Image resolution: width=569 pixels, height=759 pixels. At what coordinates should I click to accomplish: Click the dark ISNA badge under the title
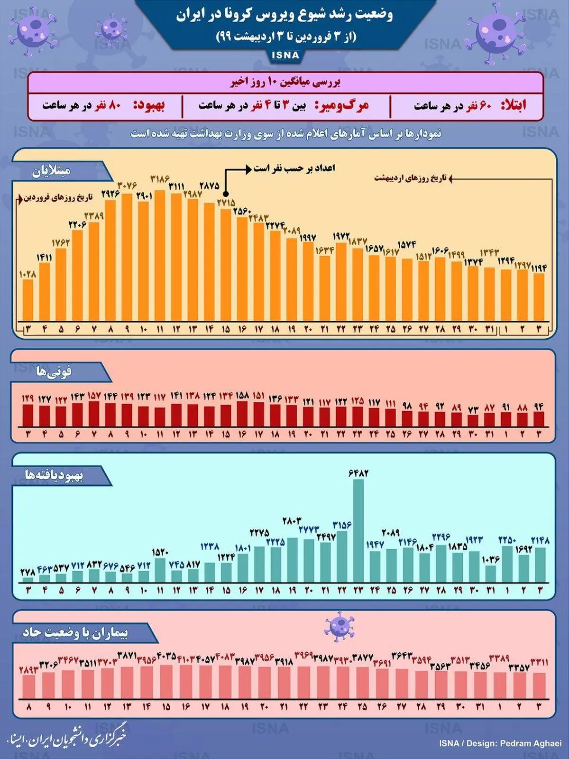pyautogui.click(x=285, y=56)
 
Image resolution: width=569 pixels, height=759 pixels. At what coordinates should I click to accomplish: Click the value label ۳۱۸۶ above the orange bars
pyautogui.click(x=160, y=179)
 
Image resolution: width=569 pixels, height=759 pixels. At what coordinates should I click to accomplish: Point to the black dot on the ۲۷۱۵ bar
pyautogui.click(x=226, y=194)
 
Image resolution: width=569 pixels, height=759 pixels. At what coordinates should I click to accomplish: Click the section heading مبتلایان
pyautogui.click(x=51, y=171)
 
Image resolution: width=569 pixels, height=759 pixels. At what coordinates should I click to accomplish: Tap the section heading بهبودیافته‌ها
pyautogui.click(x=54, y=476)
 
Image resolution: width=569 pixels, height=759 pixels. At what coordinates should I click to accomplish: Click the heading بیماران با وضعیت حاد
pyautogui.click(x=75, y=633)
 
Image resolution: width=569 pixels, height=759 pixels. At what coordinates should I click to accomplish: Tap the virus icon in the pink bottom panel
pyautogui.click(x=339, y=626)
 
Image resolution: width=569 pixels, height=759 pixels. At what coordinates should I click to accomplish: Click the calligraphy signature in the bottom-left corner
pyautogui.click(x=66, y=737)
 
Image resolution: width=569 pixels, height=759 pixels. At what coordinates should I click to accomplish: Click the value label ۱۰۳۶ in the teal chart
pyautogui.click(x=490, y=560)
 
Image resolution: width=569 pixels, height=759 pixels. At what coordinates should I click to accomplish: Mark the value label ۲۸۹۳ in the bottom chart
pyautogui.click(x=28, y=670)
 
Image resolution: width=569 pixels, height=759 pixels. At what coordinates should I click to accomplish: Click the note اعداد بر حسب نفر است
pyautogui.click(x=294, y=168)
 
